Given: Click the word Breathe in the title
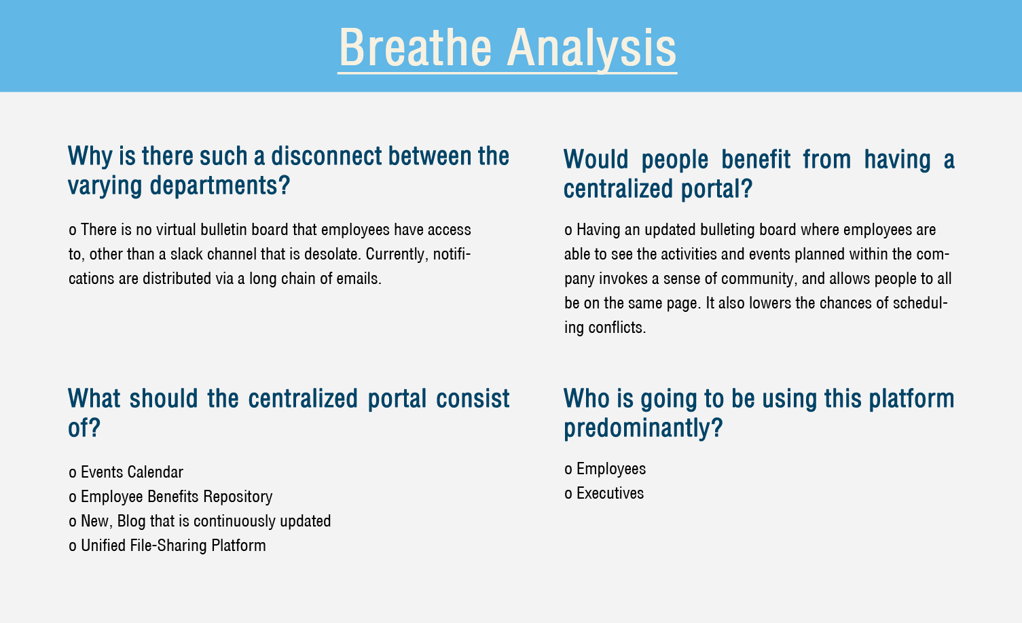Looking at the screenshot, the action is point(415,48).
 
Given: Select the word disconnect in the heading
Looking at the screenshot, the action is point(326,156).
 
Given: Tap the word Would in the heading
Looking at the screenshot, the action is point(596,160).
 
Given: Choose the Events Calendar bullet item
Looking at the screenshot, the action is point(126,472).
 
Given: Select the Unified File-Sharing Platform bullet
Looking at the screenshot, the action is point(167,546).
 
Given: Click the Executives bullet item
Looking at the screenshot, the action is point(604,493).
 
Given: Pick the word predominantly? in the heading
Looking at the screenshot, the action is point(643,428).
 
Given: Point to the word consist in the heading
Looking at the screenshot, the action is point(473,398).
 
